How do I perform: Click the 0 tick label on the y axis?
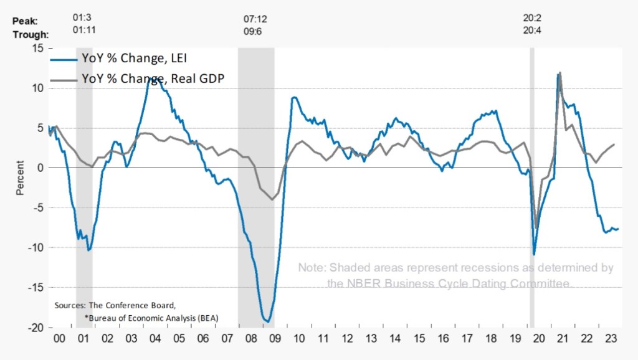click(40, 168)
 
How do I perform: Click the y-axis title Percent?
click(21, 178)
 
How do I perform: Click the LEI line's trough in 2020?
click(534, 254)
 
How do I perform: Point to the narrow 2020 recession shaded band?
click(532, 187)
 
